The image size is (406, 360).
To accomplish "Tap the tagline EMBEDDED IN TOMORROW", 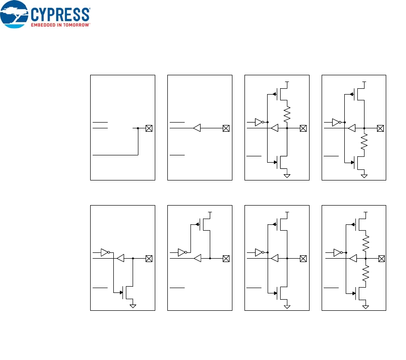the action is click(61, 24).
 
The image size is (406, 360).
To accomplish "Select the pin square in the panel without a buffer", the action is click(149, 128).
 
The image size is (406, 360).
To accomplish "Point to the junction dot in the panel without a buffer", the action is click(138, 128).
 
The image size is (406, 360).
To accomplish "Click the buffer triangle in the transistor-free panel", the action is click(197, 128).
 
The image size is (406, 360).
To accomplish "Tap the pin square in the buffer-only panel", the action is click(226, 128).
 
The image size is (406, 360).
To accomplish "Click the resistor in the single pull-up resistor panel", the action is click(287, 115).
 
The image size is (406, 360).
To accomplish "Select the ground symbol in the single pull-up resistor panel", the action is click(287, 175).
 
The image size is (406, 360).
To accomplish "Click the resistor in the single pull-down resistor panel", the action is click(364, 142).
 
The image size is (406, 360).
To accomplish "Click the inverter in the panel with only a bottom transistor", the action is click(105, 252).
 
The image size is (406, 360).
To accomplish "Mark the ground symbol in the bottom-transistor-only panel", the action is click(133, 305).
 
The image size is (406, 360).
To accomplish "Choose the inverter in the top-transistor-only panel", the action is click(182, 252).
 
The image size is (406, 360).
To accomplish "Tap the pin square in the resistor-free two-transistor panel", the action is click(303, 259).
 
